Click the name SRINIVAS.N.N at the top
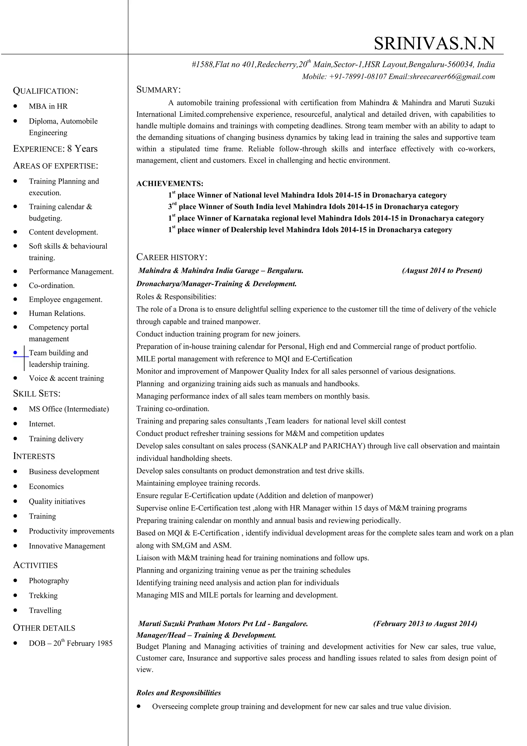click(434, 43)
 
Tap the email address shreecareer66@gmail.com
click(452, 77)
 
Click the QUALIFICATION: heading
click(46, 91)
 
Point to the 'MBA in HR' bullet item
click(48, 106)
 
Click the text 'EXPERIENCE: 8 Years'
click(55, 149)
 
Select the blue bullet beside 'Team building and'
click(15, 353)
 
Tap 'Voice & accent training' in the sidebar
click(66, 378)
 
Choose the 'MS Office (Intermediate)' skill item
click(69, 409)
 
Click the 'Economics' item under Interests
click(46, 486)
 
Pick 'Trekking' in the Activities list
click(43, 596)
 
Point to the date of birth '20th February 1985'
click(83, 643)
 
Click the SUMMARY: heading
click(158, 90)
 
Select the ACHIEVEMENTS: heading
click(170, 184)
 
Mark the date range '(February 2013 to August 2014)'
click(425, 623)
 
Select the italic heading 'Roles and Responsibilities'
click(179, 693)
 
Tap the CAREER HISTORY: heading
click(172, 257)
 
